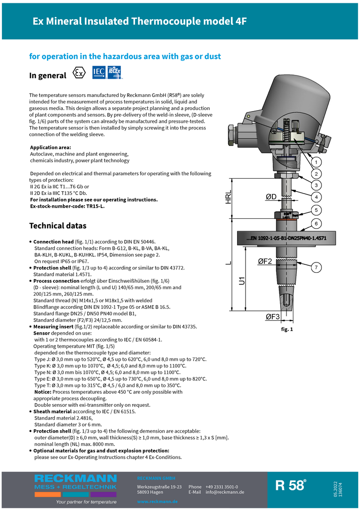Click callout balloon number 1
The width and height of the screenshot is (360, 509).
click(316, 162)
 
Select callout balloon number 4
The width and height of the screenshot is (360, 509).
click(316, 196)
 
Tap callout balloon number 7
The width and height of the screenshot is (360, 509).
click(316, 267)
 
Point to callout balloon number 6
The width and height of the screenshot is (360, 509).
click(316, 224)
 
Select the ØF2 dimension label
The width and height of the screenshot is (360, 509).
click(265, 262)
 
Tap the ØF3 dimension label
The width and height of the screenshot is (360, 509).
click(272, 317)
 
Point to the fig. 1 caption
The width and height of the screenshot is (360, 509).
click(286, 329)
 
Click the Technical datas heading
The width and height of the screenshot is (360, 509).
click(58, 226)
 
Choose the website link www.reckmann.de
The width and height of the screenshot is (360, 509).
click(157, 502)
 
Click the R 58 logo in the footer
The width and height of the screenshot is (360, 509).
click(291, 485)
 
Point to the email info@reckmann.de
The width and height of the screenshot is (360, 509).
click(225, 492)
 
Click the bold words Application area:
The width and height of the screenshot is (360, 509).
click(51, 148)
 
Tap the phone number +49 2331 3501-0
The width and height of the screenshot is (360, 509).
click(222, 487)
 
